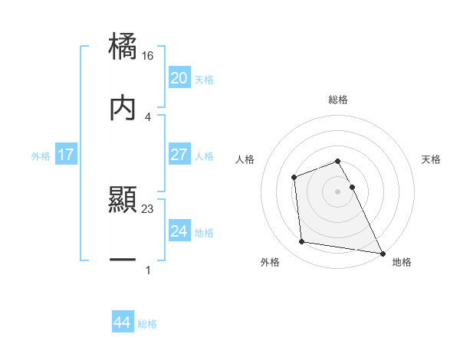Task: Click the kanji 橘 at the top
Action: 123,47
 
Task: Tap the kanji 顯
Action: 123,200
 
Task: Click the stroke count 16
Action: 148,56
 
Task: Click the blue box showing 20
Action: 179,78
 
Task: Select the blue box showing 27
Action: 179,155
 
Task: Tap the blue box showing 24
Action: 179,231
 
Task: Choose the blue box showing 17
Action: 65,155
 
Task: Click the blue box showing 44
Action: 122,322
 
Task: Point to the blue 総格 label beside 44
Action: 147,324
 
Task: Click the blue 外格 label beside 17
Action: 41,156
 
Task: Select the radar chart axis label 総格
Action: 338,100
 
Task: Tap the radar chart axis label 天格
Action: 432,159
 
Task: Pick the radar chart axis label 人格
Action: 245,159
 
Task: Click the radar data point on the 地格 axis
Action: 383,253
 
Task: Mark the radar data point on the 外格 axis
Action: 302,242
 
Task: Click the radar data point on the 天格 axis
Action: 352,187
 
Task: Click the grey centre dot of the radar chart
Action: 338,191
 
